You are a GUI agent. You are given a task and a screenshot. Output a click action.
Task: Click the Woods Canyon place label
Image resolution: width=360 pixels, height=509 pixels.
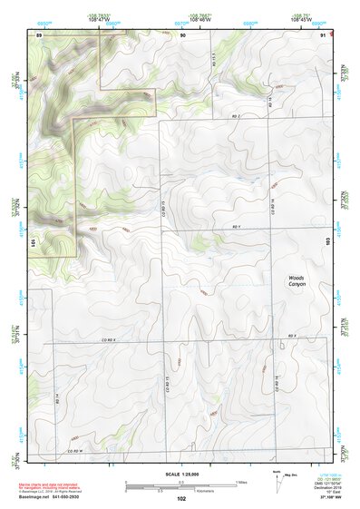(x=298, y=281)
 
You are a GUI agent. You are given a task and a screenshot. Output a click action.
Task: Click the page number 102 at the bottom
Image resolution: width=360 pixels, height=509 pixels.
(x=181, y=498)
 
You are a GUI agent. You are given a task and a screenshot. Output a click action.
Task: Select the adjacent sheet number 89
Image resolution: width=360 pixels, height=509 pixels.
(x=39, y=34)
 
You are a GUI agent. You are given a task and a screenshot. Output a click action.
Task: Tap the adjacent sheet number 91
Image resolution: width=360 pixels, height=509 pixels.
(x=324, y=34)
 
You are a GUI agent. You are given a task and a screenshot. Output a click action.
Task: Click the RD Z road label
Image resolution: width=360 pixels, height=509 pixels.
(x=238, y=118)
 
